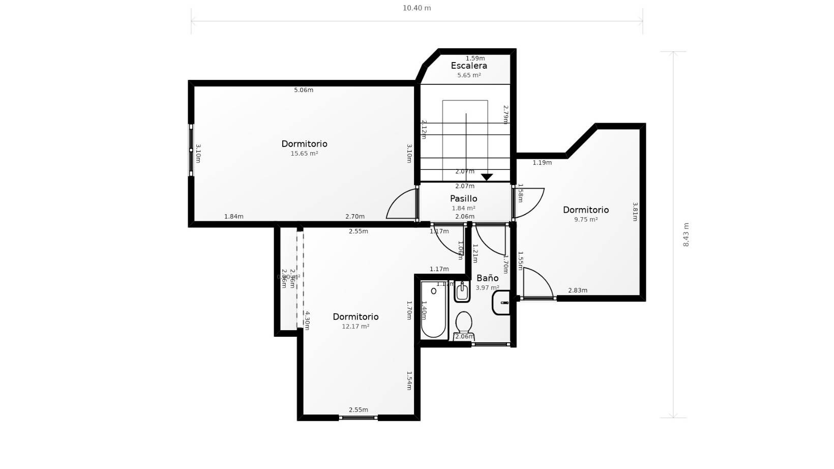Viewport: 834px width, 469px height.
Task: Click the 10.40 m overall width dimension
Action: pos(416,8)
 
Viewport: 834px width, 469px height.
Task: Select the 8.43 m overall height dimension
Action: pos(686,234)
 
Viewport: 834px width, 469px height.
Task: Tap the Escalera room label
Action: pos(469,66)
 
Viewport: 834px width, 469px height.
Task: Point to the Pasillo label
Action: pos(463,198)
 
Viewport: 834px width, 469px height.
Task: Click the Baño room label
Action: pos(487,278)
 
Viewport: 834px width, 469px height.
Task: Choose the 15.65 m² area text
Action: pos(304,154)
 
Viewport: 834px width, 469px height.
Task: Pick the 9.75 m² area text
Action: pos(585,220)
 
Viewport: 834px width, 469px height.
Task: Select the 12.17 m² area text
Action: pos(355,327)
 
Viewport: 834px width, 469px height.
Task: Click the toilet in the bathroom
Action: pos(464,324)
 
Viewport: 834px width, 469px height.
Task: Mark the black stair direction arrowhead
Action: pos(487,177)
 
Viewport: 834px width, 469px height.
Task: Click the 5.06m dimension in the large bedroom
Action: pos(304,90)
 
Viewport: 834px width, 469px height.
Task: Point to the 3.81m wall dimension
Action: pos(635,212)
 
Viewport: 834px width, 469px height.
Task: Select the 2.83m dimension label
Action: pos(578,290)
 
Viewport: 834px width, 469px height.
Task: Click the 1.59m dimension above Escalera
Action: pos(475,58)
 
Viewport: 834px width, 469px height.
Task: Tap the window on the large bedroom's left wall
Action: pos(191,150)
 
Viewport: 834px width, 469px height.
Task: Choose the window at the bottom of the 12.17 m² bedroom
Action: pos(358,418)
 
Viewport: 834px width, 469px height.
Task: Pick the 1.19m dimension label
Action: pos(542,163)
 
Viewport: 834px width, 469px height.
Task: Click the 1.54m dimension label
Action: pos(409,380)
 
